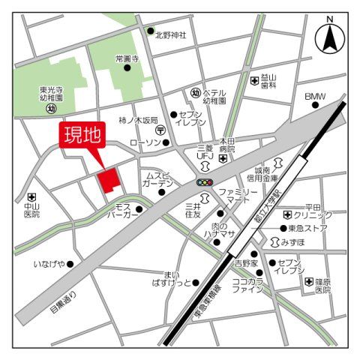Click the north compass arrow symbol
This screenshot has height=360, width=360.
click(328, 37)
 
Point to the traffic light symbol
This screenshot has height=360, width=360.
click(205, 182)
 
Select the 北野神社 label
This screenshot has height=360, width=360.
click(170, 34)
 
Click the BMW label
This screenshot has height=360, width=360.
click(315, 97)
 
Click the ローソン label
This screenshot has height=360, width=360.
click(145, 142)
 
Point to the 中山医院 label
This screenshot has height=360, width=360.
click(31, 209)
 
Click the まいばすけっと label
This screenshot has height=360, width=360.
click(171, 278)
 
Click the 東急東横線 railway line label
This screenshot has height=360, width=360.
click(206, 300)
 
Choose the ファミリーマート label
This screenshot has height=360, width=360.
click(233, 197)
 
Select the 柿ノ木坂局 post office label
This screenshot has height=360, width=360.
click(138, 120)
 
